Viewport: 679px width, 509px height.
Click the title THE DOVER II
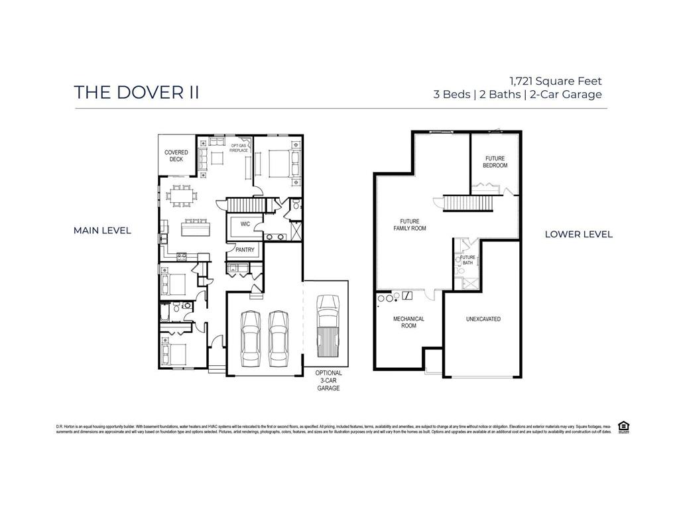[136, 93]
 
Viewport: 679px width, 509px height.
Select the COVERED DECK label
[176, 156]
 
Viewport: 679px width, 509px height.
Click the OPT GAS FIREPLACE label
[239, 148]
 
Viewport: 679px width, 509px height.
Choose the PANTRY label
[245, 250]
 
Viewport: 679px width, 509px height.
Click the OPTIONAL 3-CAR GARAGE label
[328, 380]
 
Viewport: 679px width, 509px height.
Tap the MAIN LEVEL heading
[102, 231]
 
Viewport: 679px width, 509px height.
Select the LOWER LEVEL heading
[578, 234]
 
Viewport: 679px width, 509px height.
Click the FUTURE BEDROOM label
[495, 162]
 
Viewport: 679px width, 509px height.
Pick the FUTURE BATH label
[468, 260]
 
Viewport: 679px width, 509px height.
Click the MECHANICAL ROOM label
[408, 322]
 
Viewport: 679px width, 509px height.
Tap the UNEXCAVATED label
[483, 319]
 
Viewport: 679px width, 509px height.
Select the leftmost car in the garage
[251, 337]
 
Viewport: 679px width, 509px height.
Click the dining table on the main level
[181, 196]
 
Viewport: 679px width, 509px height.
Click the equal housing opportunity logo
[623, 426]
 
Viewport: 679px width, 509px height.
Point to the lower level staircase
[468, 203]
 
